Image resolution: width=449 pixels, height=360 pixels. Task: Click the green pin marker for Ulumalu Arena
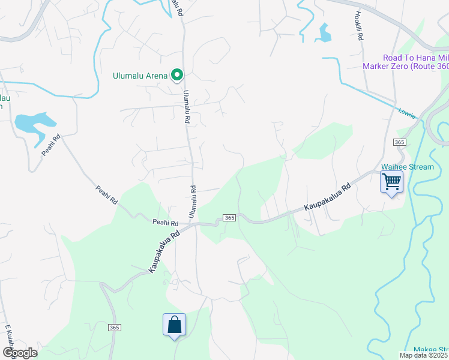(177, 75)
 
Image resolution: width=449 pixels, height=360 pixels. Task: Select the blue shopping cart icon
(391, 181)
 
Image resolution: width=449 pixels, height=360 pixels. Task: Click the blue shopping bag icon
(174, 325)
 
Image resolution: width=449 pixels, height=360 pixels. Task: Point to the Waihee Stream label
(408, 166)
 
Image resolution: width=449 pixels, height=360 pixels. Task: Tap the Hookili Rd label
(359, 26)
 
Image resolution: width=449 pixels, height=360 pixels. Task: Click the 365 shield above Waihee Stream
(399, 142)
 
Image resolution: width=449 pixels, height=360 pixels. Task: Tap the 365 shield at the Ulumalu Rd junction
(229, 217)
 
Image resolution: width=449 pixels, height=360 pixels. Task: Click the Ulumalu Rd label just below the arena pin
(187, 107)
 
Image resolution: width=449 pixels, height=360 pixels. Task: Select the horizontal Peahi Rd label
(166, 222)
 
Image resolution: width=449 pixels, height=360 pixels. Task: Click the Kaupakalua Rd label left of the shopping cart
(327, 197)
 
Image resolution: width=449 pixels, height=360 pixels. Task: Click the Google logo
(20, 353)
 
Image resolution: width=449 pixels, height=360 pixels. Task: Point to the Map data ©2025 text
(424, 355)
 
